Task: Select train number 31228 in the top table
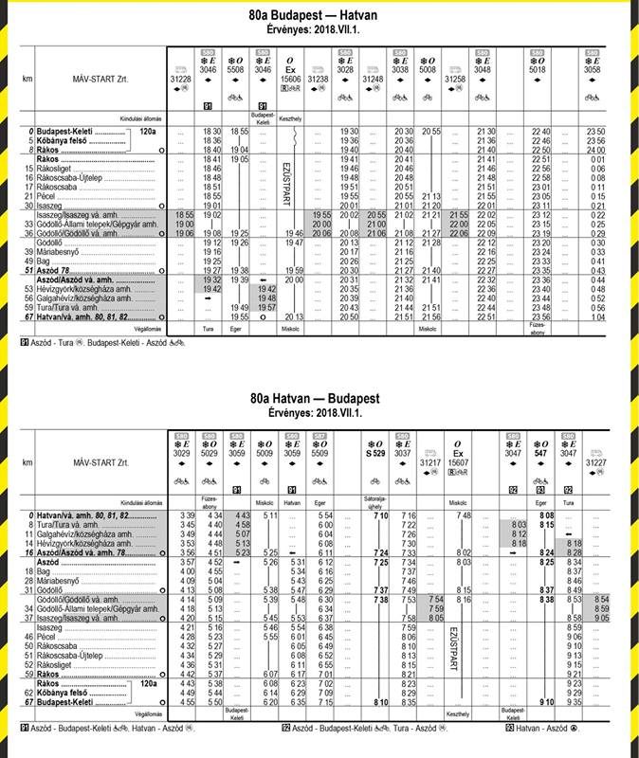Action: [183, 79]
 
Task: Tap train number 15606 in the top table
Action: [291, 79]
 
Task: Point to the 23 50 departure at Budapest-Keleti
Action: [595, 131]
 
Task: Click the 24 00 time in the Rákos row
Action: [595, 150]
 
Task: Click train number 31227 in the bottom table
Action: [595, 461]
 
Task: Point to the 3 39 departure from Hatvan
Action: [186, 514]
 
